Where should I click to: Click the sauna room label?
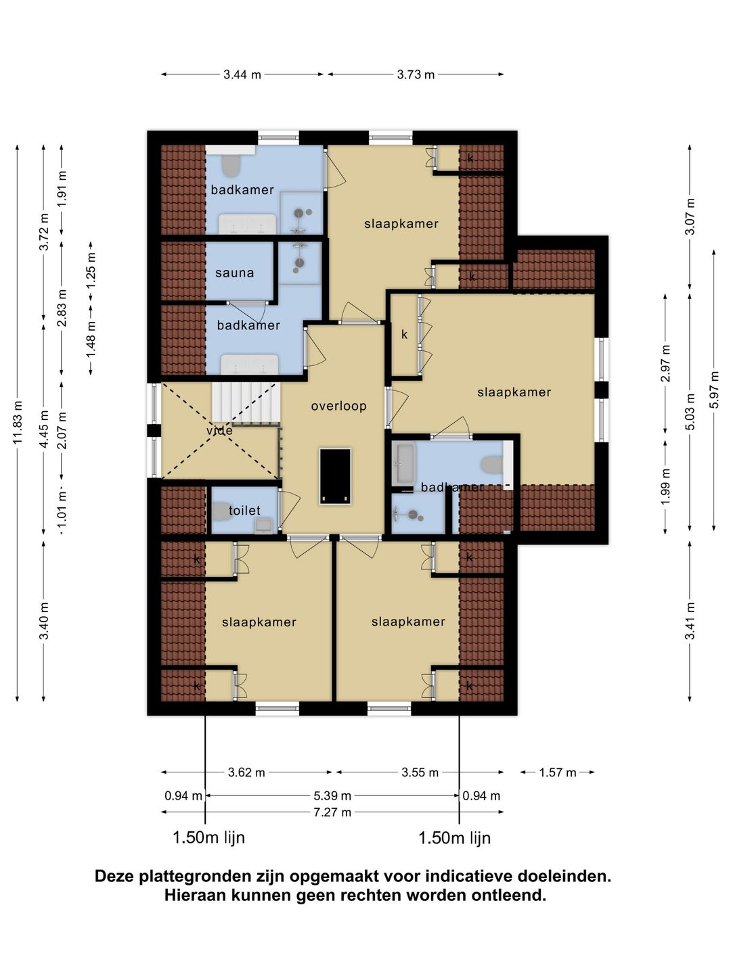[x=234, y=273]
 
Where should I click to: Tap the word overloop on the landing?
[x=338, y=406]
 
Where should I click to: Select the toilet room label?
[x=244, y=510]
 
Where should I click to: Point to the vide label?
[x=220, y=430]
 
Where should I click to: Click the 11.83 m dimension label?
[x=18, y=422]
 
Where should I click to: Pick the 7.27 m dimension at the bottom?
[x=332, y=812]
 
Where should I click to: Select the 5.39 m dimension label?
[x=332, y=795]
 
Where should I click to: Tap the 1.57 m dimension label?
[x=558, y=772]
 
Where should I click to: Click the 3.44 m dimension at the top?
[x=242, y=74]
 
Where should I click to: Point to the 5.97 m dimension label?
[x=714, y=390]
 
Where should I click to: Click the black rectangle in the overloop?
[x=336, y=476]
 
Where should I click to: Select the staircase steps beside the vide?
[x=246, y=403]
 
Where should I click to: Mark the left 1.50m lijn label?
[x=208, y=838]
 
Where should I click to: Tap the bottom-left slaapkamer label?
[x=259, y=622]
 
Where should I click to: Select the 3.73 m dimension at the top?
[x=416, y=74]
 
